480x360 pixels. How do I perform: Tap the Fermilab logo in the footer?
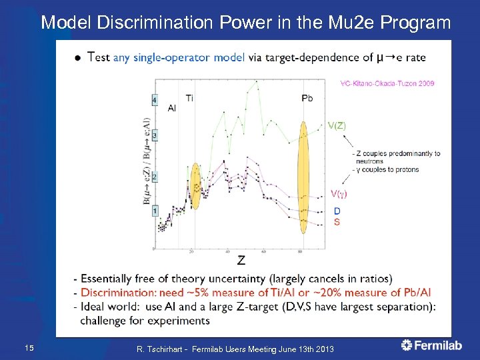pos(432,345)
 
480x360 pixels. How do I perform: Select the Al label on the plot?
pos(172,108)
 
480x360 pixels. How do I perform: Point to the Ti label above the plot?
pos(189,98)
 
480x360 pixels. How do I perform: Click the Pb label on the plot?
pos(307,98)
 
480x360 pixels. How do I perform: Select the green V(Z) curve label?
pos(336,125)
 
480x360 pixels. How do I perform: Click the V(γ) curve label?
pos(338,194)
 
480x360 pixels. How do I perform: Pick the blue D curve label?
pos(337,211)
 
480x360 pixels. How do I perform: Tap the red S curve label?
pos(337,221)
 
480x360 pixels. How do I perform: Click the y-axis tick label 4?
pos(155,101)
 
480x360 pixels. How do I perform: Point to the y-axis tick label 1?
pos(155,211)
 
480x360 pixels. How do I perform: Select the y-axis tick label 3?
pos(155,136)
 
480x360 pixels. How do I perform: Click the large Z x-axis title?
pos(241,260)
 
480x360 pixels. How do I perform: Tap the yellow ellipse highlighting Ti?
pos(195,185)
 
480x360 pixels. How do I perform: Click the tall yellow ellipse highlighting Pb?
pos(303,177)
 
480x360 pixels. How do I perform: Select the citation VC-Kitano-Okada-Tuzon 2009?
pos(387,83)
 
